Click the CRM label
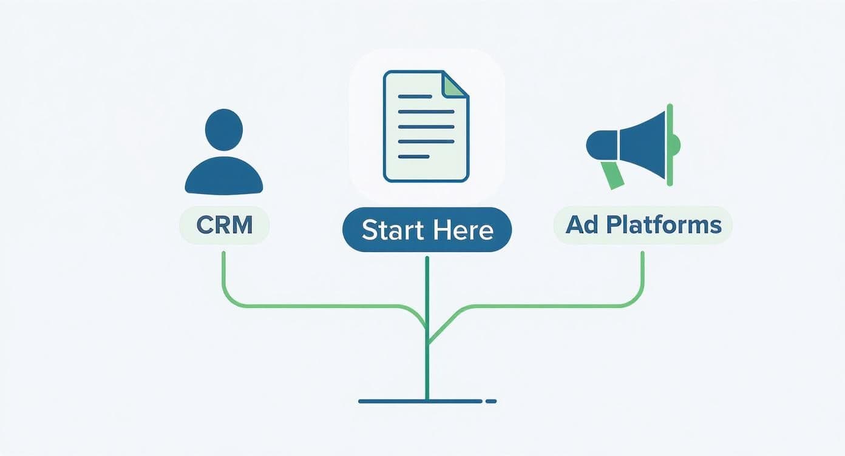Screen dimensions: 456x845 [224, 226]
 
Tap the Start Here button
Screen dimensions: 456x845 [427, 230]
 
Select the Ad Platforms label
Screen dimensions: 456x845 [643, 226]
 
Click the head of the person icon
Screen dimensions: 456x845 [224, 129]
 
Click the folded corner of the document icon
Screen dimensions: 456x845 [454, 85]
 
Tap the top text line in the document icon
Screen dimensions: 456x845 [415, 96]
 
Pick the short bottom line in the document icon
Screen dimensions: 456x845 [413, 156]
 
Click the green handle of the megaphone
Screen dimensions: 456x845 [613, 175]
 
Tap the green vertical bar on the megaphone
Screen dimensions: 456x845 [670, 144]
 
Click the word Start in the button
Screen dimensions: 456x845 [393, 230]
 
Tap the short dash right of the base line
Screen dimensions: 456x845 [491, 401]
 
